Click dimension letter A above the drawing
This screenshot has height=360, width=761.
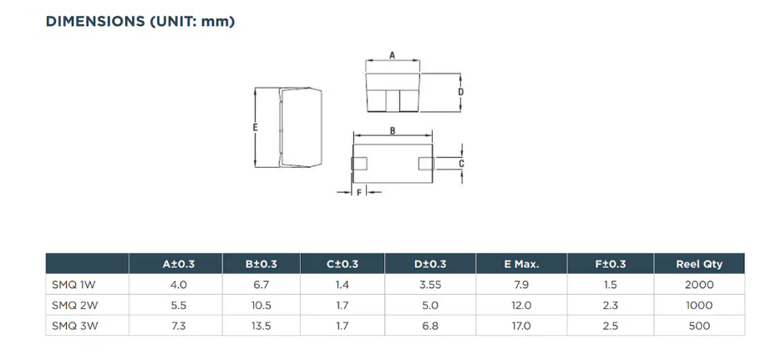(x=392, y=55)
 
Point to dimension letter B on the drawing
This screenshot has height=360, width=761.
(x=393, y=130)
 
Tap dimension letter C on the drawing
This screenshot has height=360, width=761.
(x=462, y=164)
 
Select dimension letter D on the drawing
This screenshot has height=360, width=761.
(x=461, y=92)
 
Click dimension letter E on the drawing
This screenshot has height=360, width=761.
(x=256, y=128)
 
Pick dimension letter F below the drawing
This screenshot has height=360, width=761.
(x=358, y=193)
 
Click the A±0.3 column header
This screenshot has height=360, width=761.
(x=178, y=265)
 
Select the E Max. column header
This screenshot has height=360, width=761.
(x=520, y=265)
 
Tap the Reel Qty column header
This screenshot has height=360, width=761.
(x=699, y=265)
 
